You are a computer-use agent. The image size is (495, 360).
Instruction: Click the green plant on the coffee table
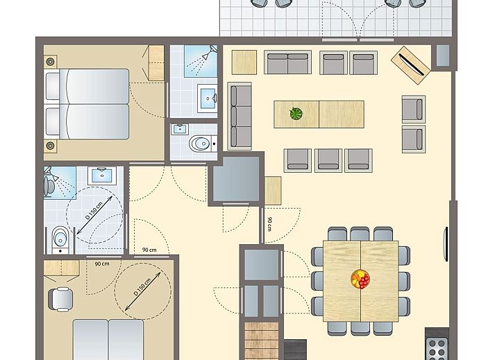[x=296, y=114]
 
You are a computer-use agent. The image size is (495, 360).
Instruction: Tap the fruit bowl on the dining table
[x=360, y=279]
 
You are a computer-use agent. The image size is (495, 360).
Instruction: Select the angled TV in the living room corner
[x=411, y=65]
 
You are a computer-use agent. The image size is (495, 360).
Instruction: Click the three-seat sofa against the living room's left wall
[x=240, y=116]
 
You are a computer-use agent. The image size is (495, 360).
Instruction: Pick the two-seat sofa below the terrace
[x=287, y=62]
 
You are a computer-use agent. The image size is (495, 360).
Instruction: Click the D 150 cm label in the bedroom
[x=142, y=286]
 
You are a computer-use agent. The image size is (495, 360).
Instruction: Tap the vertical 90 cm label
[x=269, y=224]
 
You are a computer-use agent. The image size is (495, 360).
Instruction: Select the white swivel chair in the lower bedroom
[x=61, y=299]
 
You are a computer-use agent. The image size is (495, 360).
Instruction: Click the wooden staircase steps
[x=262, y=341]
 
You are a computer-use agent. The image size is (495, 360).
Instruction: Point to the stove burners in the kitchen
[x=437, y=349]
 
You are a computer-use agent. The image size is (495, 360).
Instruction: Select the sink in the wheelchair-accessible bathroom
[x=101, y=175]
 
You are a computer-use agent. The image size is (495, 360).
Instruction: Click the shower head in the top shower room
[x=210, y=52]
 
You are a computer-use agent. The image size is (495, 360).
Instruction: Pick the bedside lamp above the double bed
[x=50, y=62]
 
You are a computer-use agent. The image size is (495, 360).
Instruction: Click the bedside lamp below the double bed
[x=50, y=146]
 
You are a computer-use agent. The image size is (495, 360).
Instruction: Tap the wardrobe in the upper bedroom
[x=156, y=62]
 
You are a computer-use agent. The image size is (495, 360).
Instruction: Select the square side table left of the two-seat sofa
[x=244, y=62]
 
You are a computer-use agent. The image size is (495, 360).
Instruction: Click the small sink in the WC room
[x=180, y=129]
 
